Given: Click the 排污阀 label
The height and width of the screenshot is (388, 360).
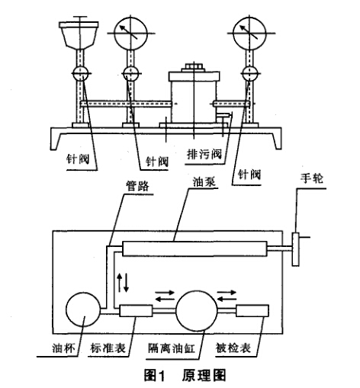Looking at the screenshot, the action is pyautogui.click(x=204, y=154).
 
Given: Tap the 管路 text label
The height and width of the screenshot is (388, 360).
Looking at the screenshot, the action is pyautogui.click(x=138, y=186).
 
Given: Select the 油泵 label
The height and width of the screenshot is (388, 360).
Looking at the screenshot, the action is pyautogui.click(x=204, y=181).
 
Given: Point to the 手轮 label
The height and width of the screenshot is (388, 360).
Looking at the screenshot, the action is pyautogui.click(x=312, y=178).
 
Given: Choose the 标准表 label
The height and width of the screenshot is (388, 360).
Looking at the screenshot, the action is pyautogui.click(x=108, y=348).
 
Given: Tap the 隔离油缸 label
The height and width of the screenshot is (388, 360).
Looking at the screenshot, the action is pyautogui.click(x=172, y=348).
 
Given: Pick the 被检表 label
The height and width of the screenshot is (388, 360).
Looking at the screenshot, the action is pyautogui.click(x=233, y=348).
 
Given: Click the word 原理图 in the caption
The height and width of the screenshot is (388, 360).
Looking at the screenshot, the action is pyautogui.click(x=204, y=375).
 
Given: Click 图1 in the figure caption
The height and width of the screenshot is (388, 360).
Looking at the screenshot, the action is pyautogui.click(x=155, y=375).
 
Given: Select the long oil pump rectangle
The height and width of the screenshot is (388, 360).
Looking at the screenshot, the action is pyautogui.click(x=194, y=249).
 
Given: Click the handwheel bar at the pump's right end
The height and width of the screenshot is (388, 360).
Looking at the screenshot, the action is pyautogui.click(x=295, y=249).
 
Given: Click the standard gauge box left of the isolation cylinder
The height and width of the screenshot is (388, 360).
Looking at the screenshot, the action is pyautogui.click(x=136, y=310).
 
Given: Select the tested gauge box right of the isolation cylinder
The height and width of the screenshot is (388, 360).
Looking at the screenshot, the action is pyautogui.click(x=252, y=310).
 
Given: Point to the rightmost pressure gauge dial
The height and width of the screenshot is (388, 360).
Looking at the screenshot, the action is pyautogui.click(x=249, y=34).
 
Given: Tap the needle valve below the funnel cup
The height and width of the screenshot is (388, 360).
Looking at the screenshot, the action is pyautogui.click(x=81, y=74).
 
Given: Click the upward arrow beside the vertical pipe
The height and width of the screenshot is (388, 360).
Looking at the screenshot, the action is pyautogui.click(x=119, y=282).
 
